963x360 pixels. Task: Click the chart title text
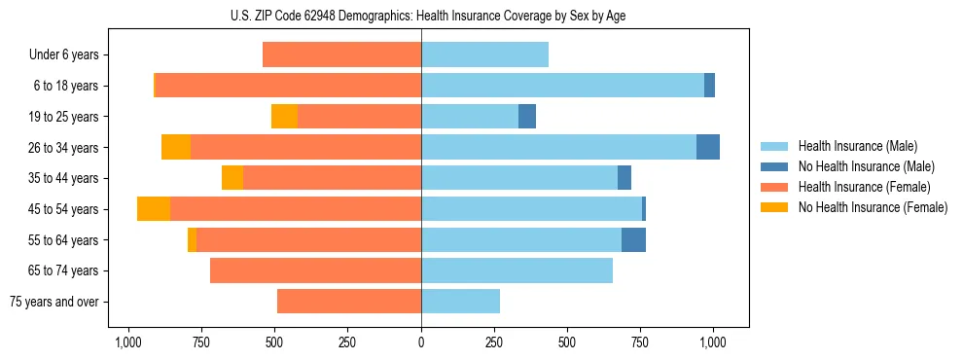[x=421, y=16]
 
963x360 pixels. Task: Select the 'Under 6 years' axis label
[x=70, y=54]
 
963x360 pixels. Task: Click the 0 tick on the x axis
[x=421, y=342]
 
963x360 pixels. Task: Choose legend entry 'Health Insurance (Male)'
[x=857, y=146]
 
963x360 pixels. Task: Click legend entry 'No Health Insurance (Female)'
[x=873, y=207]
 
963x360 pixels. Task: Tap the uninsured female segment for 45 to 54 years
[x=154, y=209]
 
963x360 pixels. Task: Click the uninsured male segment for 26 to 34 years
[x=708, y=147]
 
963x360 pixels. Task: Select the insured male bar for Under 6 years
[x=484, y=54]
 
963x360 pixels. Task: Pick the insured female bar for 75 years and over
[x=349, y=302]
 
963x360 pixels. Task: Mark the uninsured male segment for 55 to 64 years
[x=633, y=239]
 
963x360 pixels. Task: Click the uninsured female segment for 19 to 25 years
[x=284, y=117]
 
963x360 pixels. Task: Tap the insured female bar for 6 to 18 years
[x=288, y=86]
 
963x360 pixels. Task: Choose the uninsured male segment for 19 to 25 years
[x=527, y=117]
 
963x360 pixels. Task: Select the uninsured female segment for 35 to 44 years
[x=232, y=178]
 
